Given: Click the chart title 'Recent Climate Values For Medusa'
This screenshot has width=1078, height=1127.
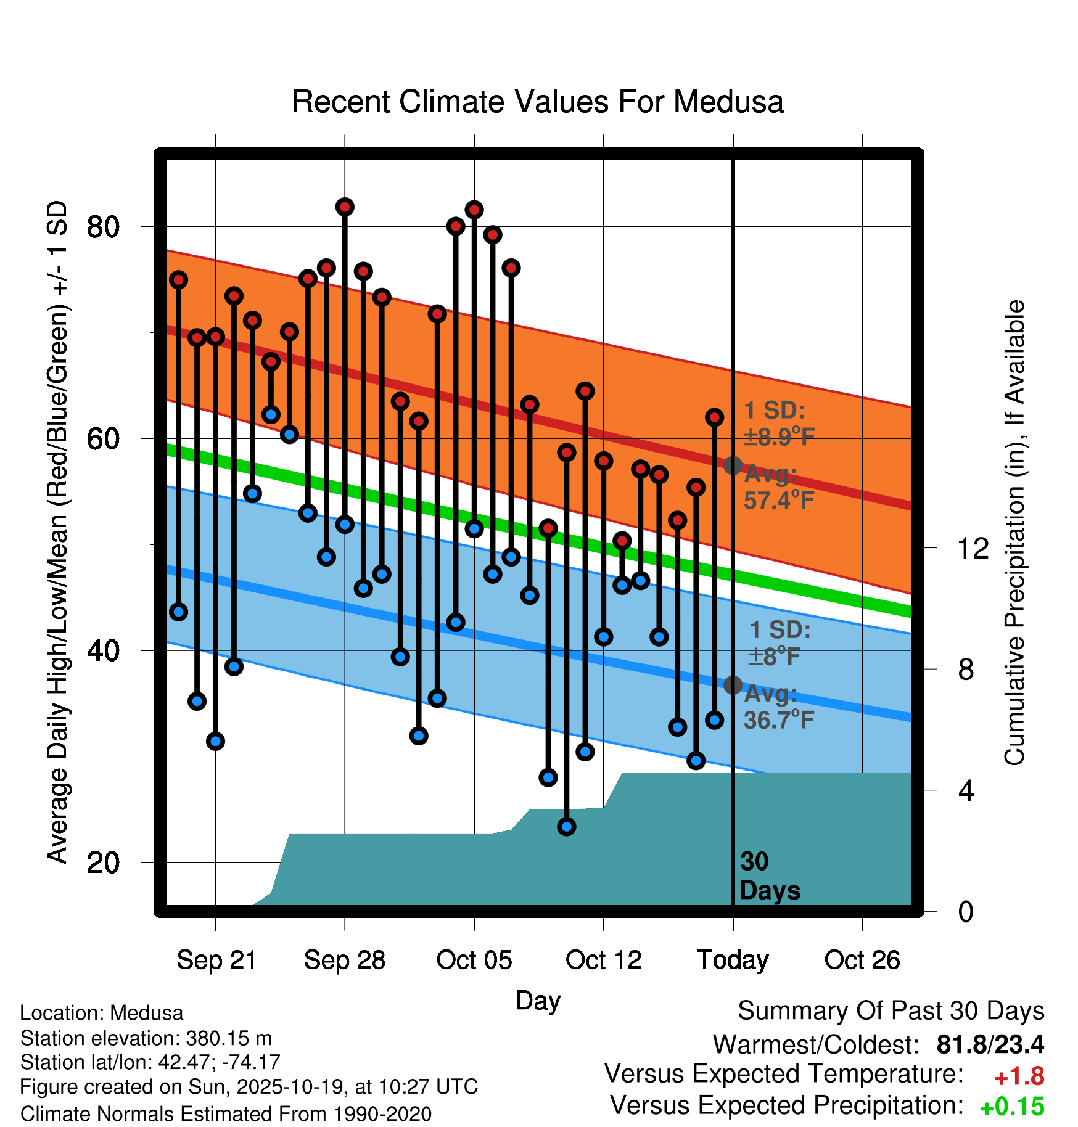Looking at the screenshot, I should click(538, 102).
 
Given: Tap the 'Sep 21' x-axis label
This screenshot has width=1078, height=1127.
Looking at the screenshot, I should click(216, 961).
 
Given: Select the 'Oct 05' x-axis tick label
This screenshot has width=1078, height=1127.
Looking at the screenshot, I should click(474, 961).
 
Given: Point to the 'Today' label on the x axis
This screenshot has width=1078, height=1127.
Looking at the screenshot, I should click(733, 961).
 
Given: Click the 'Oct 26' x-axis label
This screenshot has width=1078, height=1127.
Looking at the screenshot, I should click(862, 961).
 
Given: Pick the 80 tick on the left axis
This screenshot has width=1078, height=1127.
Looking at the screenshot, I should click(103, 227).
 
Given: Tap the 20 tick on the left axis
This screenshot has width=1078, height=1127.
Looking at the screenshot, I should click(103, 863).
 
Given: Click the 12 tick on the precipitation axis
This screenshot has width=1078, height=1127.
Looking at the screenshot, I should click(973, 548).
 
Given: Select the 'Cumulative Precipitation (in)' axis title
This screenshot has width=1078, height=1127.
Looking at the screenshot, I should click(1014, 533).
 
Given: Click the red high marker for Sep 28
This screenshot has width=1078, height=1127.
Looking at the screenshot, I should click(345, 207).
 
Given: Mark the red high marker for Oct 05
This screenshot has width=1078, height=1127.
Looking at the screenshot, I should click(474, 210).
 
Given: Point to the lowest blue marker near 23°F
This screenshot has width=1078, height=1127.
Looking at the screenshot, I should click(567, 827).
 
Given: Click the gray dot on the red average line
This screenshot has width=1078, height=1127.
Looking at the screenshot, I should click(733, 465).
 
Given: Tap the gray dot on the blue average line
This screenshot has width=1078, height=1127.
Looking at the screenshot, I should click(733, 685).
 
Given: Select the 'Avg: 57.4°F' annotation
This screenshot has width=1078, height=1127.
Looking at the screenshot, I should click(778, 487).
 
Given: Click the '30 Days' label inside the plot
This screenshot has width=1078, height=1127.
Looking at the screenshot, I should click(769, 876).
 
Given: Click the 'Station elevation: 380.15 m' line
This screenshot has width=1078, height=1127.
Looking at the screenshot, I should click(146, 1038).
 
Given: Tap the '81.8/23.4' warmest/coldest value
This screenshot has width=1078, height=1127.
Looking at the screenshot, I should click(990, 1044).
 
